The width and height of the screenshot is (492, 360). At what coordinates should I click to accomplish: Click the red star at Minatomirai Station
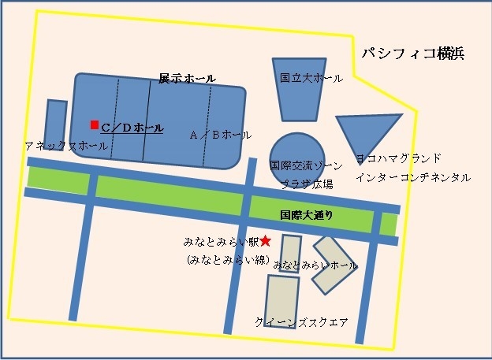[x=266, y=240]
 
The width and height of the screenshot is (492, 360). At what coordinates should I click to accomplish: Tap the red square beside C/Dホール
[x=94, y=124]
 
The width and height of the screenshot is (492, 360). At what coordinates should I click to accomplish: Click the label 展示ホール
[x=187, y=79]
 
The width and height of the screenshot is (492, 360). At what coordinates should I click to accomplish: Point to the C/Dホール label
[x=132, y=127]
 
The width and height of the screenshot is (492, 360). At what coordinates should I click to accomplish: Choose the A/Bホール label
[x=221, y=135]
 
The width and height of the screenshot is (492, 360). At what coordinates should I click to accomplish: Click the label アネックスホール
[x=66, y=147]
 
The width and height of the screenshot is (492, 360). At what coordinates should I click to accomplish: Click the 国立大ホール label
[x=311, y=79]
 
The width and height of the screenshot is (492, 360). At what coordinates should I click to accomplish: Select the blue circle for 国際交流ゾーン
[x=296, y=155]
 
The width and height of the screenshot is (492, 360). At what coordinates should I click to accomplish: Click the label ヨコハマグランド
[x=398, y=158]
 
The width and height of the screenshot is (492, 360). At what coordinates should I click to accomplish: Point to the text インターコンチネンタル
[x=412, y=178]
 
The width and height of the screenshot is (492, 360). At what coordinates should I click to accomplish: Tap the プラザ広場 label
[x=307, y=184]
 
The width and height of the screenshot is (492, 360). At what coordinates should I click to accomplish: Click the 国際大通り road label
[x=307, y=214]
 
